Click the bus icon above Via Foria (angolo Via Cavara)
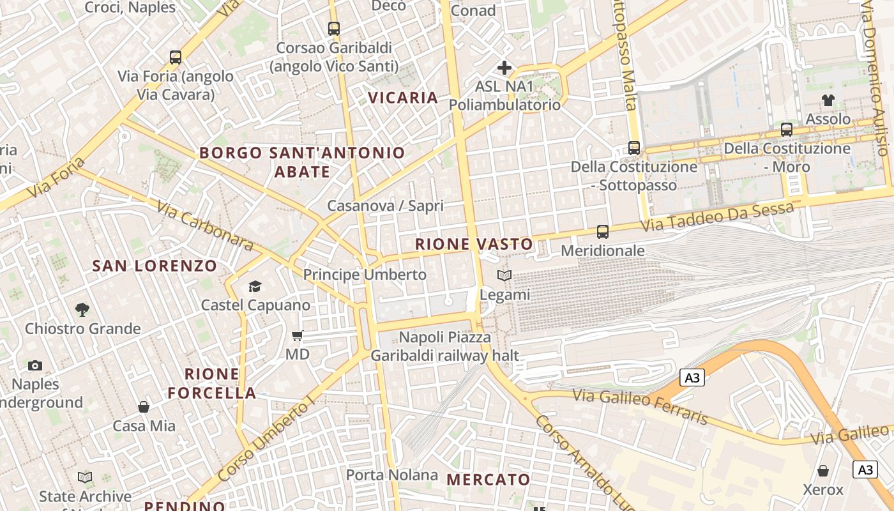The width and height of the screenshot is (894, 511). pyautogui.click(x=176, y=57)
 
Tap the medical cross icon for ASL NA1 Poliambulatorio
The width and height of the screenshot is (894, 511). pyautogui.click(x=504, y=67)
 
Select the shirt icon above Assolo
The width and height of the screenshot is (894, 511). pyautogui.click(x=828, y=100)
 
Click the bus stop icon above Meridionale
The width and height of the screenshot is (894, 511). pyautogui.click(x=603, y=231)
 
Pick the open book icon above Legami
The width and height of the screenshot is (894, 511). pyautogui.click(x=504, y=275)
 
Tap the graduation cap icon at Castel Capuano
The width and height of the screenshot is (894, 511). pyautogui.click(x=255, y=286)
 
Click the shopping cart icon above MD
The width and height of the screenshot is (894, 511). pyautogui.click(x=298, y=335)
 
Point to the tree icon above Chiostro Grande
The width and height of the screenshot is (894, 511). pyautogui.click(x=82, y=310)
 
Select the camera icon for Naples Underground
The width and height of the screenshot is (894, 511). pyautogui.click(x=35, y=365)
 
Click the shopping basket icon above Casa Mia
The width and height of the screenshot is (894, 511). pyautogui.click(x=144, y=406)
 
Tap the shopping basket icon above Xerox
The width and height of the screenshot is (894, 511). pyautogui.click(x=823, y=471)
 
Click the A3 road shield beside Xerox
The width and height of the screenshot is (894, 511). pyautogui.click(x=865, y=469)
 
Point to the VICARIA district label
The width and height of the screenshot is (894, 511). pyautogui.click(x=403, y=98)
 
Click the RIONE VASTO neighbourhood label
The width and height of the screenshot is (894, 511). pyautogui.click(x=474, y=244)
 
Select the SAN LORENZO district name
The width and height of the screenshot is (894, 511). pyautogui.click(x=155, y=266)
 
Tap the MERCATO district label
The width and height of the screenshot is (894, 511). pyautogui.click(x=488, y=480)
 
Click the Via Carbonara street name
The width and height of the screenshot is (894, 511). pyautogui.click(x=204, y=226)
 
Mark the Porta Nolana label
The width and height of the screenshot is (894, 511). pyautogui.click(x=392, y=475)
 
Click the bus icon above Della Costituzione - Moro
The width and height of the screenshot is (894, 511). pyautogui.click(x=787, y=129)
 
